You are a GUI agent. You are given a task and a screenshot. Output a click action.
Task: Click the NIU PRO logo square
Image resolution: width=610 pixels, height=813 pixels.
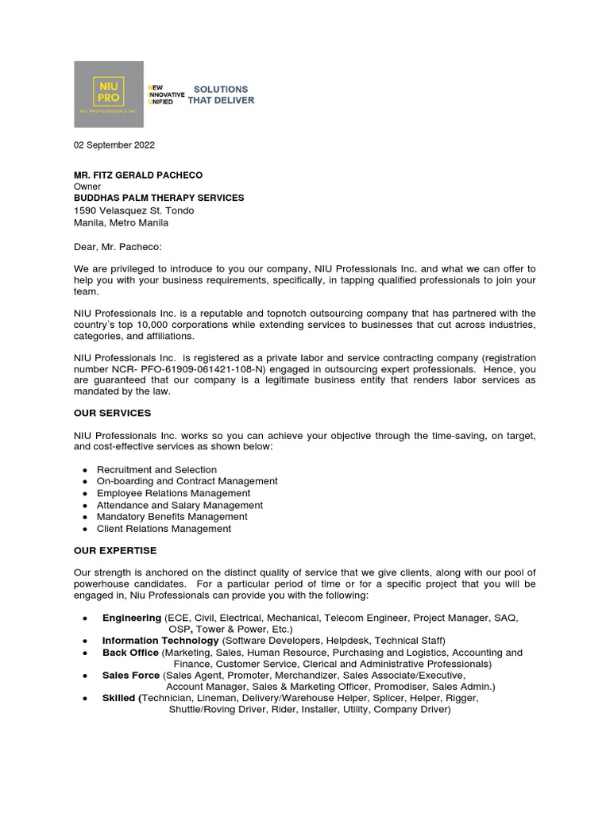click(x=109, y=94)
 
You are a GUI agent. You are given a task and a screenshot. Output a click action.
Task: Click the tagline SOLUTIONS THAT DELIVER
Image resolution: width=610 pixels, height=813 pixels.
click(x=221, y=95)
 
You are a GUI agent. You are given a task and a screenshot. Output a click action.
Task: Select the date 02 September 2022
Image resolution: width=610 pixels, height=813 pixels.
click(x=114, y=145)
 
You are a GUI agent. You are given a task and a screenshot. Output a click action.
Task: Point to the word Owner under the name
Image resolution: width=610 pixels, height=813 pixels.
click(x=87, y=187)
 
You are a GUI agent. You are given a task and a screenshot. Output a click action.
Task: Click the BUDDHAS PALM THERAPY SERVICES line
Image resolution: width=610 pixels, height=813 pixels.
click(x=159, y=198)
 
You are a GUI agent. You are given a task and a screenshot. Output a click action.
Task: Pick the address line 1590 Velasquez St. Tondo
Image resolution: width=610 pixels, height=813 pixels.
click(x=134, y=210)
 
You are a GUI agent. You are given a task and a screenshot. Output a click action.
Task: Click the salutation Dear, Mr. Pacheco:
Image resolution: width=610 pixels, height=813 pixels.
click(x=118, y=247)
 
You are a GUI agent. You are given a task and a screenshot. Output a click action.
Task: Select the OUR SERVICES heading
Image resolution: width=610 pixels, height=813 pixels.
click(x=112, y=414)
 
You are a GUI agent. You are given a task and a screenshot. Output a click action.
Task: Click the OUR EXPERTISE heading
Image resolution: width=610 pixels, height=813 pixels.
click(x=115, y=550)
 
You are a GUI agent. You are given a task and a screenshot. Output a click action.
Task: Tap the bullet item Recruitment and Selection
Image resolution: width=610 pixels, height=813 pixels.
click(x=156, y=470)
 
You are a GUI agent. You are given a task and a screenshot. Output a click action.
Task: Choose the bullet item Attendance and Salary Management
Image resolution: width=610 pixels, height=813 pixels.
click(x=180, y=505)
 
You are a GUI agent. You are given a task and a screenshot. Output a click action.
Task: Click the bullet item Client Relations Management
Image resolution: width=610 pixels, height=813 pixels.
click(x=164, y=529)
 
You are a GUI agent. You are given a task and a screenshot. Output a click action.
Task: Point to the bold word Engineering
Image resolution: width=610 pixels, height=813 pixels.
click(x=132, y=618)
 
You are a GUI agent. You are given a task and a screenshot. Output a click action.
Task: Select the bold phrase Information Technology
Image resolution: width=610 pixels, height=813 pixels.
click(x=160, y=640)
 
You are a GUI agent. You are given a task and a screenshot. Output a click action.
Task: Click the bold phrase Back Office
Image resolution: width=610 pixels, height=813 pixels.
click(x=130, y=653)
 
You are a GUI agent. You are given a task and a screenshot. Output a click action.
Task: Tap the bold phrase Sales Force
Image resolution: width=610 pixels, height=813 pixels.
click(x=131, y=675)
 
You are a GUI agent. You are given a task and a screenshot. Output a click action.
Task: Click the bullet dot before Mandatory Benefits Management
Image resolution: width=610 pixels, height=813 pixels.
click(x=85, y=518)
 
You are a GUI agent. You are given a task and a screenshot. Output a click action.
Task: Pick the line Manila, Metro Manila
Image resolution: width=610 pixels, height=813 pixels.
click(x=121, y=222)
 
